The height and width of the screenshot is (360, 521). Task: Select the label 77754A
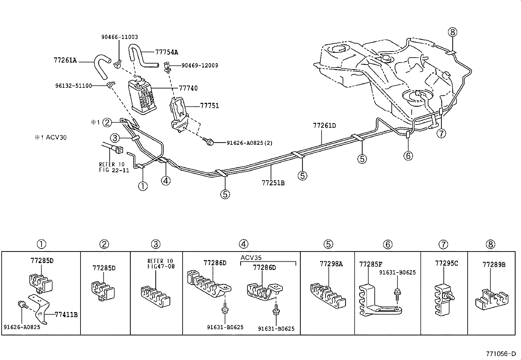(167, 52)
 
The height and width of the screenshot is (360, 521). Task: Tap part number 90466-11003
(119, 37)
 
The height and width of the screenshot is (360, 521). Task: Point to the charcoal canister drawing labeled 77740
(142, 97)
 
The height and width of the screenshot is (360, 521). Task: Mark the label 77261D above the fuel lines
(324, 125)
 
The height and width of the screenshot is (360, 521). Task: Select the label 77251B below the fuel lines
(273, 183)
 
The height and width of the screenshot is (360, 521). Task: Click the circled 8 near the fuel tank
(453, 32)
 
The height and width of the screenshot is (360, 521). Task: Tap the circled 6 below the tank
(408, 156)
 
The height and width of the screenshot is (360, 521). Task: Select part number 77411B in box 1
(66, 314)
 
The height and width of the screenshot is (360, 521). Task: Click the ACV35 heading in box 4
(251, 257)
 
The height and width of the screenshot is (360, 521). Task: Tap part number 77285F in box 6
(371, 264)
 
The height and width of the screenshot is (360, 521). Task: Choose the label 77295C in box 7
(446, 263)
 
